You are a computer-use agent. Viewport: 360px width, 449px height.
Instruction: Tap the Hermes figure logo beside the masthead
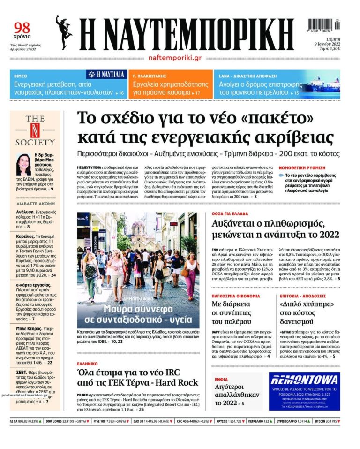64,32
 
